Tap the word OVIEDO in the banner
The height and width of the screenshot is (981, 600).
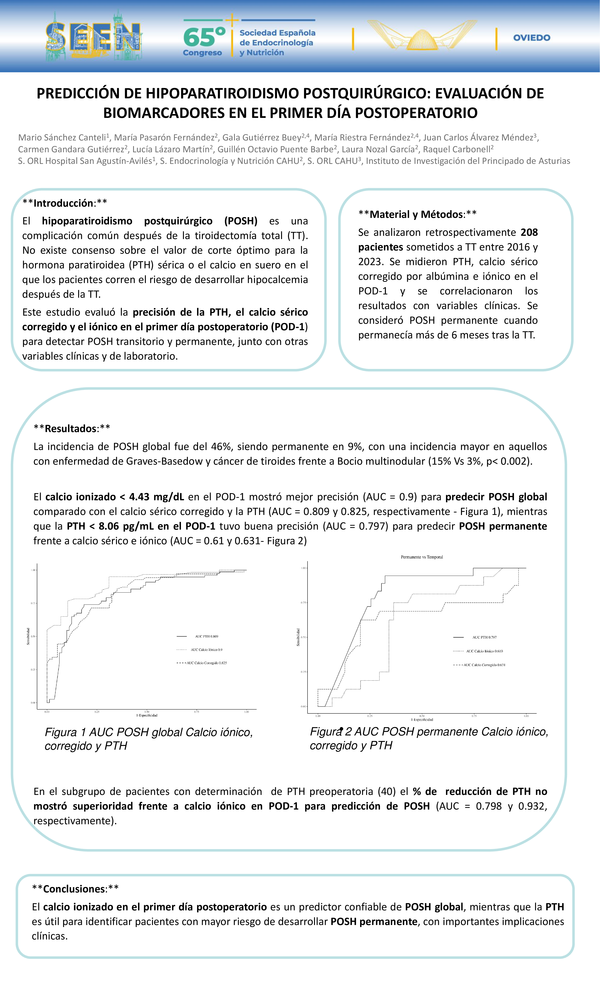532,38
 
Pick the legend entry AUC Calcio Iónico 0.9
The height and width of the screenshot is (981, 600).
207,650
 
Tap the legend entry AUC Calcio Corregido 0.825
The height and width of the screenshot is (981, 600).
207,663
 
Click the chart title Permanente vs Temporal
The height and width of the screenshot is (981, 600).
422,557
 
